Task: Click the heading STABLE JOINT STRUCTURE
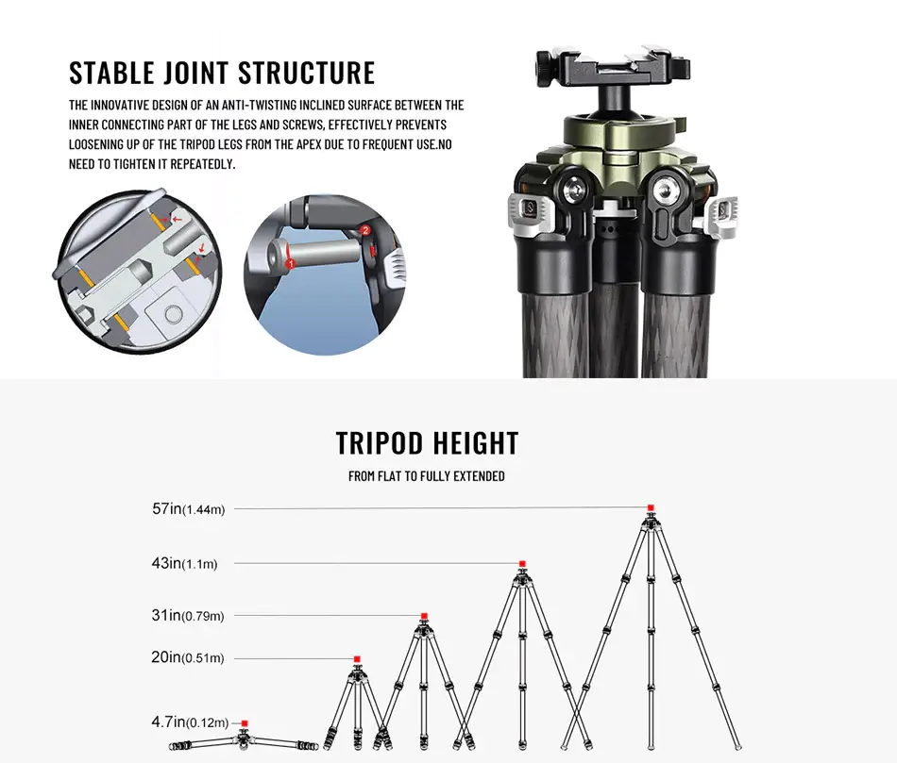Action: tap(222, 74)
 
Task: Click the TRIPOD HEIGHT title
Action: tap(427, 443)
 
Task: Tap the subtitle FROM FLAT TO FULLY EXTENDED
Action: tap(426, 476)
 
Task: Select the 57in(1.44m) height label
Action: tap(188, 509)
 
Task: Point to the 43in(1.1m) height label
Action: tap(184, 564)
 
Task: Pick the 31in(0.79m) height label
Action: tap(187, 616)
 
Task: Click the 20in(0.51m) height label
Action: tap(187, 657)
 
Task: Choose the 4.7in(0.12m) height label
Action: tap(188, 722)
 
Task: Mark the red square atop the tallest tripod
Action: tap(650, 508)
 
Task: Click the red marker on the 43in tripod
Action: tap(522, 564)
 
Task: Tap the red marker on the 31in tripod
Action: tap(424, 616)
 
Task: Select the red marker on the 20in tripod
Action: tap(357, 658)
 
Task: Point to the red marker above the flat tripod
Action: tap(245, 723)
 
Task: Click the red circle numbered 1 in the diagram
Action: tap(292, 265)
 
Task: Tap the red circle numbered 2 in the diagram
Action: tap(365, 231)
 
